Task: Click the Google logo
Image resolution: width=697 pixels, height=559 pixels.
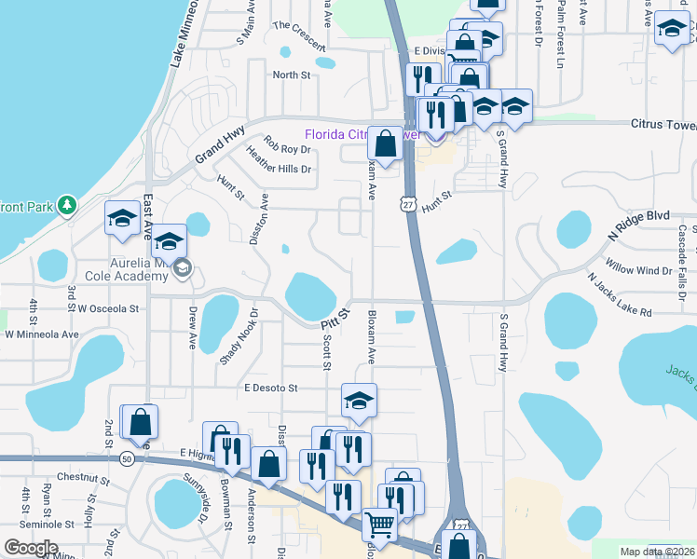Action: [31, 548]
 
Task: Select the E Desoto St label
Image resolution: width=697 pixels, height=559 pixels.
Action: [270, 388]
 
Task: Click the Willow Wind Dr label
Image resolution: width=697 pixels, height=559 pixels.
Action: [639, 270]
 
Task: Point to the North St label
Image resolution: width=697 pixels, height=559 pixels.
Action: [291, 75]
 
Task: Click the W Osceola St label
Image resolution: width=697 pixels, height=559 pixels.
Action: [108, 308]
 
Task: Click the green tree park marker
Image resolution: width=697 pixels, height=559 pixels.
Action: [65, 203]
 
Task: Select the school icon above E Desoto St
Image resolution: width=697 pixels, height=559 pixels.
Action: [359, 401]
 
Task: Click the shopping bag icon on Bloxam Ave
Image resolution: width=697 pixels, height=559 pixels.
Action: [385, 143]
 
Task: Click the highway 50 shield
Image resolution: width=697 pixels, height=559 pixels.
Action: [127, 458]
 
